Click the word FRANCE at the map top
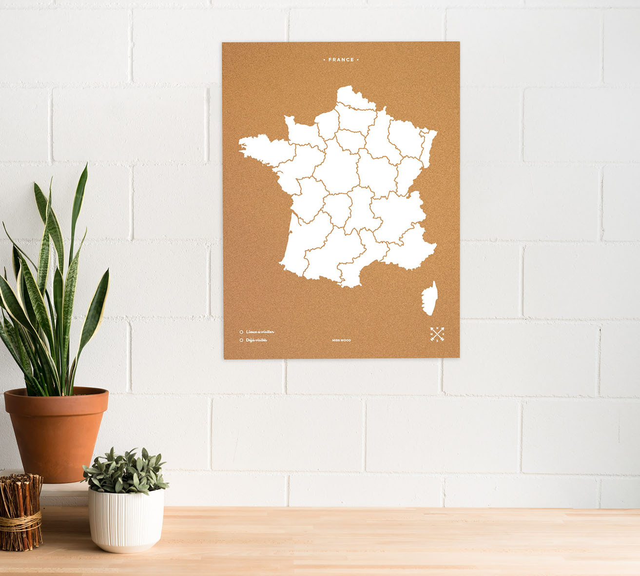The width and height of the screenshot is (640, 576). click(x=341, y=60)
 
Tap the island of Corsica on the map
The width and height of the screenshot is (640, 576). click(x=429, y=298)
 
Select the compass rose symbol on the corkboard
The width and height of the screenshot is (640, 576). click(x=437, y=334)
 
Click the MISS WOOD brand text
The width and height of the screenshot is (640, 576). click(x=341, y=340)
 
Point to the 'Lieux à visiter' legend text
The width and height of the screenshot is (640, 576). click(x=260, y=332)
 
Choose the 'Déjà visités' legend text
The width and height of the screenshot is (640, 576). click(x=257, y=340)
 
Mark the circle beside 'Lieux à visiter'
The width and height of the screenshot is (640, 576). click(x=241, y=332)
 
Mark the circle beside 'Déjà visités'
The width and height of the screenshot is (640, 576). click(x=241, y=340)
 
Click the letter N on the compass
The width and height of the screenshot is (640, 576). click(x=437, y=328)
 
